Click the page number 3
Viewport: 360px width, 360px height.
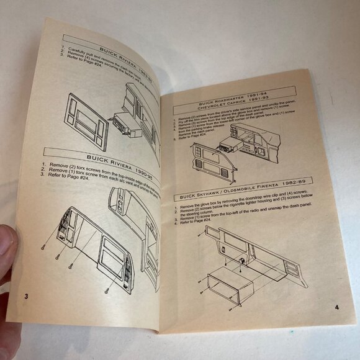point(26,294)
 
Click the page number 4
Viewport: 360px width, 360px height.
point(336,307)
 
